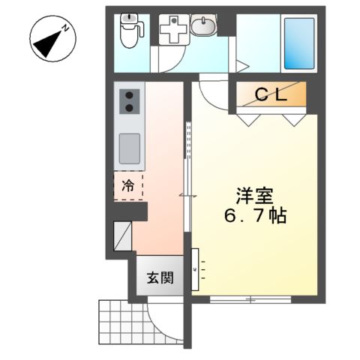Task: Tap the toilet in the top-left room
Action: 130,31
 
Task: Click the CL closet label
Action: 271,95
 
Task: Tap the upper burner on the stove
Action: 129,95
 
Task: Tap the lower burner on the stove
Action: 129,108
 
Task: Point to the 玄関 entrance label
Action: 160,277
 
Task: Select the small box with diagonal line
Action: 122,236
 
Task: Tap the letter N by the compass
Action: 66,28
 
